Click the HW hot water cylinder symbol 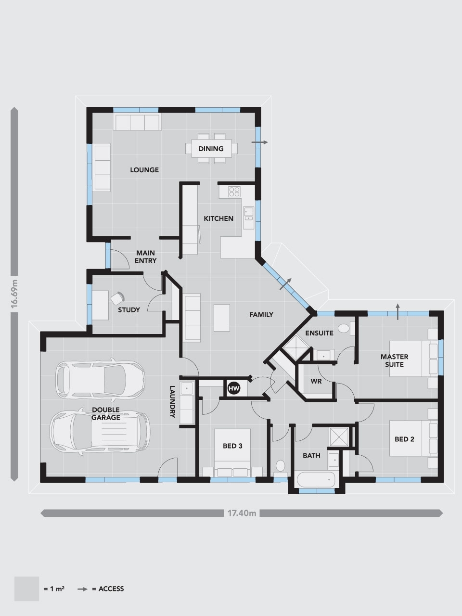click(x=234, y=388)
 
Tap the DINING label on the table click(x=211, y=149)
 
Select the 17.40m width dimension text click(x=242, y=513)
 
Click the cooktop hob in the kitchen click(x=234, y=192)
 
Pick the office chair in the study click(x=117, y=298)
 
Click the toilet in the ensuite click(x=344, y=328)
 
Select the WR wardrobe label click(x=316, y=381)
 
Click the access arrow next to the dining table click(x=260, y=142)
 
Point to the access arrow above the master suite click(x=398, y=311)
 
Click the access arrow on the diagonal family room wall click(x=285, y=284)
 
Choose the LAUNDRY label click(x=172, y=401)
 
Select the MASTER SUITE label click(x=395, y=360)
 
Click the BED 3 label click(x=232, y=446)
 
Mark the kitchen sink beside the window click(x=248, y=214)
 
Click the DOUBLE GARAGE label click(x=106, y=414)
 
